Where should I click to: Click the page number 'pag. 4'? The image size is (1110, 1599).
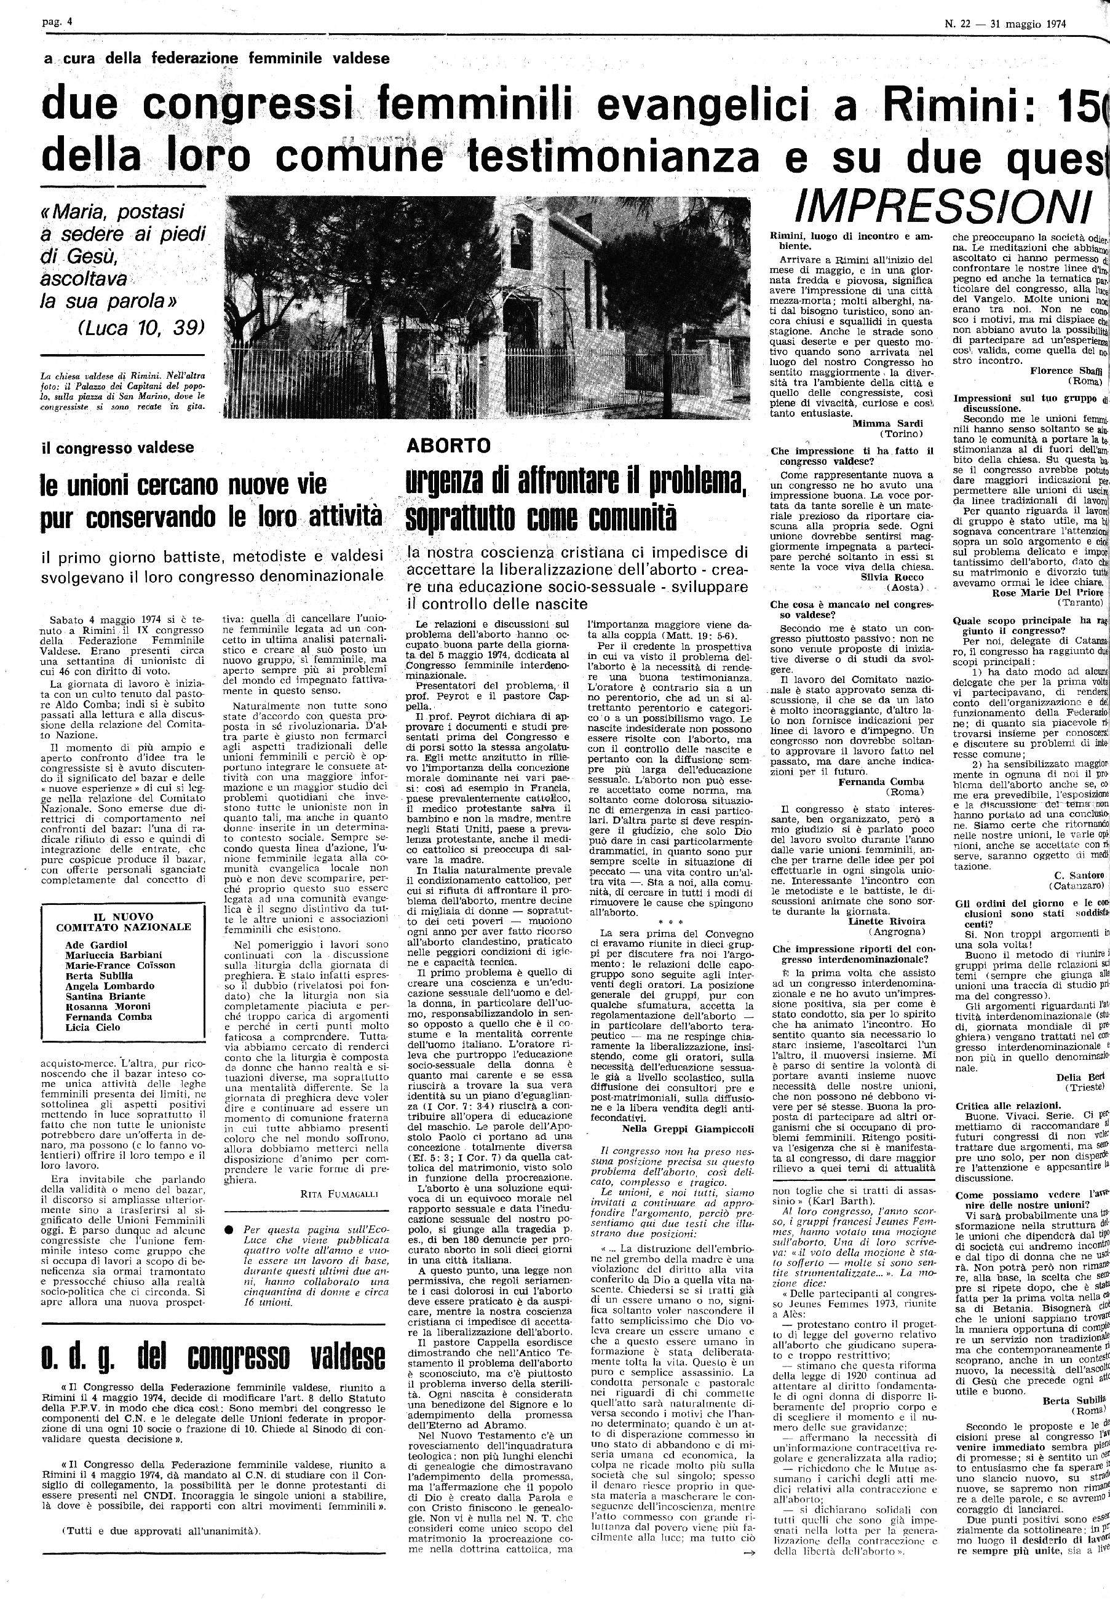pyautogui.click(x=57, y=23)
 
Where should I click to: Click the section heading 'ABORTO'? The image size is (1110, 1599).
pyautogui.click(x=448, y=446)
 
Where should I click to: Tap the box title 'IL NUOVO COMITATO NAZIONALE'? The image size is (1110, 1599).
pyautogui.click(x=123, y=922)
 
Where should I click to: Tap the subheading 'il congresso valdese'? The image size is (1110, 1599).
pyautogui.click(x=117, y=448)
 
